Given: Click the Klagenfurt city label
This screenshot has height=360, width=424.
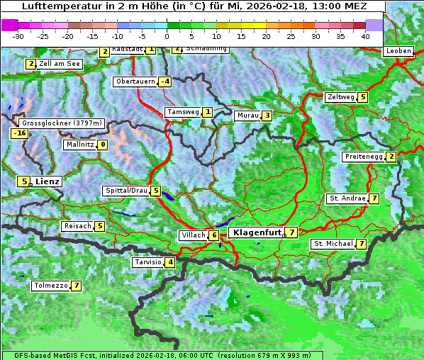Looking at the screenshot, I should [x=256, y=232].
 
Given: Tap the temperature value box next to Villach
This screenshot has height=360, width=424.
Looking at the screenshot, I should [x=213, y=235].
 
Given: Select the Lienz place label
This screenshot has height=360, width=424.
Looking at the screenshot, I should [x=48, y=181].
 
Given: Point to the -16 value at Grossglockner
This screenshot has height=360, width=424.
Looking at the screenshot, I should [x=19, y=133].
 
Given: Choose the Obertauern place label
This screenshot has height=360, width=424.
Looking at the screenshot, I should [x=135, y=81].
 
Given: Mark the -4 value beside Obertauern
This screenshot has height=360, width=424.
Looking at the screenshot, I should [x=165, y=81].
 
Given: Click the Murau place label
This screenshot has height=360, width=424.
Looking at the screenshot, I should [x=247, y=116].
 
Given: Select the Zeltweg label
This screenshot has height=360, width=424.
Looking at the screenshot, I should [x=340, y=97].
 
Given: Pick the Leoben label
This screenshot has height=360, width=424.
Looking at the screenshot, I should [x=398, y=51].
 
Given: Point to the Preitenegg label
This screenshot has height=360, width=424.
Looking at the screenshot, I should [x=364, y=157].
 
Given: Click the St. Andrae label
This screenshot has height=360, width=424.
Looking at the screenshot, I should [x=347, y=198].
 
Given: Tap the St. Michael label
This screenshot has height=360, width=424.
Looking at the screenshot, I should [x=333, y=244].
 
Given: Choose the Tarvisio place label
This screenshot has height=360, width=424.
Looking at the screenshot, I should [x=147, y=262].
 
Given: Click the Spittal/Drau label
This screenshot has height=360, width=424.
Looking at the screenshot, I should [x=126, y=191].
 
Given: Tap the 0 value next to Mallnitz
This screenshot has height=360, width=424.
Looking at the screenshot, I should [x=103, y=145].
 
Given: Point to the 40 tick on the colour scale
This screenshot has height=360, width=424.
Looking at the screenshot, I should [x=365, y=35].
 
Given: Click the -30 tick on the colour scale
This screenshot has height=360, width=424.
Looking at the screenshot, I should [x=18, y=35].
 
